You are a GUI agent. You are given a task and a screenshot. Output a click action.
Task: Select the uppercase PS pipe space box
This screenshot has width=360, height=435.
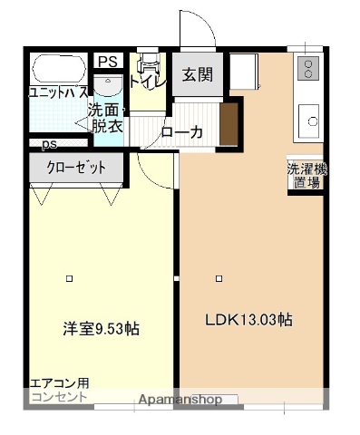tap(108, 62)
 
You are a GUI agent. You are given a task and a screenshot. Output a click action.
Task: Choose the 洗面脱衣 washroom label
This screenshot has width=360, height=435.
tap(105, 119)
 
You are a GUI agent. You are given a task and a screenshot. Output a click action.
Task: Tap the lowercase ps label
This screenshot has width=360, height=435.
tap(49, 143)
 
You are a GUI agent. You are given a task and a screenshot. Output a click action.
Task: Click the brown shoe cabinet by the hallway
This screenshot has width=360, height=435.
tap(228, 123)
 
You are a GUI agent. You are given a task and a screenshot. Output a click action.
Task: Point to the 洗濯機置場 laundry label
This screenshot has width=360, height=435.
tap(304, 175)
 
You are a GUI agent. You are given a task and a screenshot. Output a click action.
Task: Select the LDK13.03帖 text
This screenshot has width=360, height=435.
tap(248, 319)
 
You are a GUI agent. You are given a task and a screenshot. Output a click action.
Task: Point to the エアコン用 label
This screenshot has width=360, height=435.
tap(60, 383)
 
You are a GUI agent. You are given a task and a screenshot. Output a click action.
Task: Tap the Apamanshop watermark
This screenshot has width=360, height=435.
tap(180, 399)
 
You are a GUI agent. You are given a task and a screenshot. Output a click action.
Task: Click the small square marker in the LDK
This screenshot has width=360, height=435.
tap(218, 278)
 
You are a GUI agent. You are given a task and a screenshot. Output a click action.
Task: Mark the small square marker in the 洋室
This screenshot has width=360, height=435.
tap(69, 278)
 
